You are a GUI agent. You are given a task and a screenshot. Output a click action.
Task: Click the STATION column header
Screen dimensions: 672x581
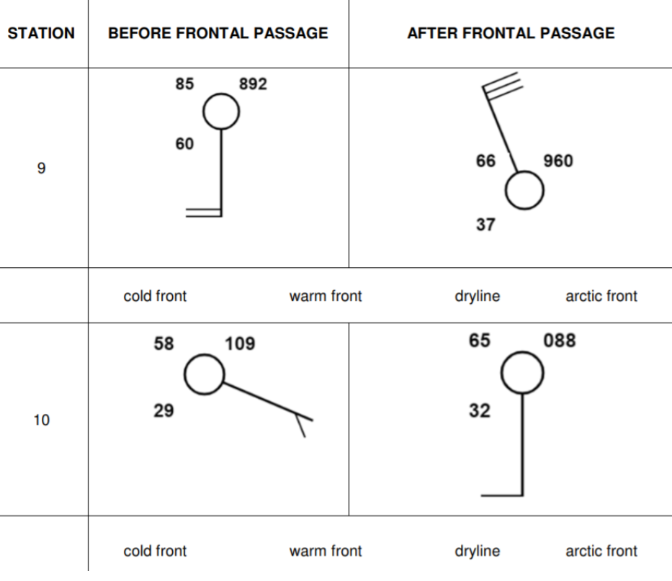41,33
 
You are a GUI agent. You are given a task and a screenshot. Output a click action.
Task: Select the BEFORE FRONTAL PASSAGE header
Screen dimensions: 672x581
218,33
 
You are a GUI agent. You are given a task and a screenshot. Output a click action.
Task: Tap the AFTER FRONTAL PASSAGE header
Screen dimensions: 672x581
511,33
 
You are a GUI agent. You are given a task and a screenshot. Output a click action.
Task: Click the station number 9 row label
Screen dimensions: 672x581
41,168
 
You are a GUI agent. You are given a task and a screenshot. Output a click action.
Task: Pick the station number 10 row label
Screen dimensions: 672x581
41,420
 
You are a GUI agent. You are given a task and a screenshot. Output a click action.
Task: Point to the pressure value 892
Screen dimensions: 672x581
253,84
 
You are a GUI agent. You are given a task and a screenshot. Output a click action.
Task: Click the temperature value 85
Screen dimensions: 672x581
184,84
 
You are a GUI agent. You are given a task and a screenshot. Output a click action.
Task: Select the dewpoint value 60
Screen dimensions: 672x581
184,144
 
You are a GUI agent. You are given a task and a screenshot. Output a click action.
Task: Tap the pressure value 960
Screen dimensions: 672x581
558,161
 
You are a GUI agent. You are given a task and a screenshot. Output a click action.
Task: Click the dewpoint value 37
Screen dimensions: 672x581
485,225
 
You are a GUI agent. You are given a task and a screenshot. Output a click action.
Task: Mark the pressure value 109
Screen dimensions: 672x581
240,343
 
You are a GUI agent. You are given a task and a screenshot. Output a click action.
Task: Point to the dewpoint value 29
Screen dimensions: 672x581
163,411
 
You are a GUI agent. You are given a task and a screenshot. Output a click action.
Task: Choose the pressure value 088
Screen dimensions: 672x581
560,341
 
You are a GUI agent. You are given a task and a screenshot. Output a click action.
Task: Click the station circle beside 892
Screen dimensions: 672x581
220,112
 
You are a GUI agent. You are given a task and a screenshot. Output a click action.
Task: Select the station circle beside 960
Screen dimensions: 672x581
524,191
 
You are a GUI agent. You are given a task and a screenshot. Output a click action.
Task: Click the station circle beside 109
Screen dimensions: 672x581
205,374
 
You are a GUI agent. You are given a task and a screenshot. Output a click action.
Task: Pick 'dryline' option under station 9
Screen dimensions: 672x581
477,296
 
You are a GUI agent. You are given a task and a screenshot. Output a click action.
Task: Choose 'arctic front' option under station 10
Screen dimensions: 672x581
601,551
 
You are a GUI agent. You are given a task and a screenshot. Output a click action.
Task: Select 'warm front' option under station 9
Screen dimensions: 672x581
326,296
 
